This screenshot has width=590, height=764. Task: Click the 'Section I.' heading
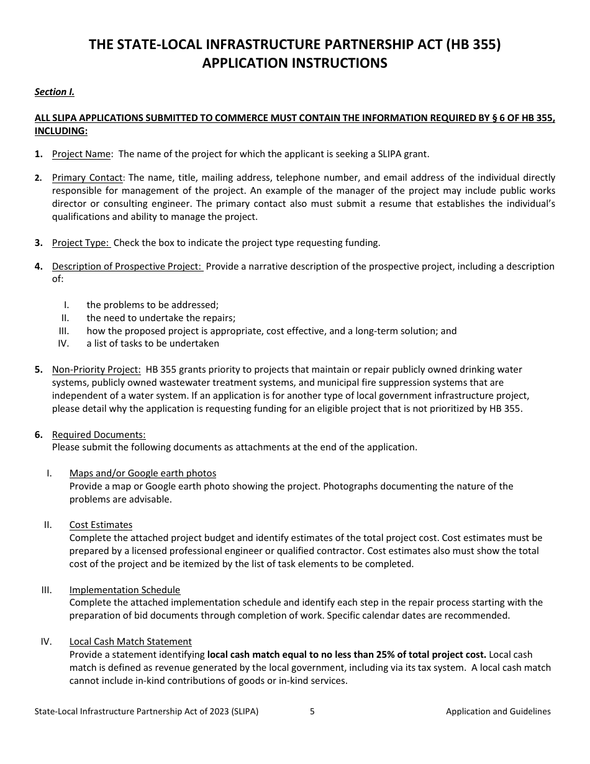pos(54,92)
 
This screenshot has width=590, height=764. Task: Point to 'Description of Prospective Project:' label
pos(127,266)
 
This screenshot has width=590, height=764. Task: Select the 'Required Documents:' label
pos(99,435)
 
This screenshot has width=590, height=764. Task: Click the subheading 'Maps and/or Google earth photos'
pos(143,473)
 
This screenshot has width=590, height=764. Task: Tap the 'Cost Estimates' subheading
pos(101,525)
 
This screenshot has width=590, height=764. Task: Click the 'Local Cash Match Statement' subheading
pos(130,642)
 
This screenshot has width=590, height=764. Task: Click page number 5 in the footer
pos(312,712)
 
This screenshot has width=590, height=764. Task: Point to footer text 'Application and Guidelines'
pos(498,712)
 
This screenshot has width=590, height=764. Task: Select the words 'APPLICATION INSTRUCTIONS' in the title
pos(294,63)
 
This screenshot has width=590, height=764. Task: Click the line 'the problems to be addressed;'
pos(153,305)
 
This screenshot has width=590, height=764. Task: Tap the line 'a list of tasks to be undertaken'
pos(153,343)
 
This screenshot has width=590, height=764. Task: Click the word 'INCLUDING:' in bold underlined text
pos(61,130)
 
